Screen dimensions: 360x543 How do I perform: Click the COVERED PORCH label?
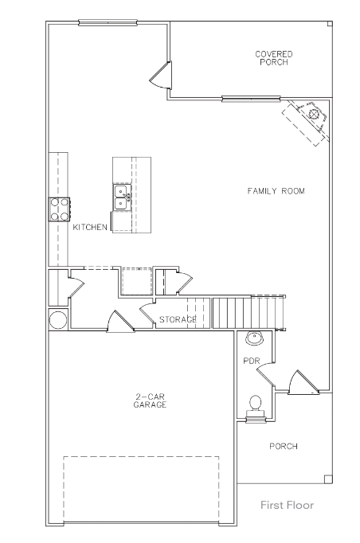(274, 58)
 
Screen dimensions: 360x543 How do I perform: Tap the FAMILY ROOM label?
(276, 191)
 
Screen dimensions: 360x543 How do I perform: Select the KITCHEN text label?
(90, 227)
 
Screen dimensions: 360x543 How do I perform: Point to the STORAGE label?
(178, 319)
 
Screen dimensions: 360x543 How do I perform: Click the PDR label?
(252, 361)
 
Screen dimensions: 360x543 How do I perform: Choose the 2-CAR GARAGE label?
(150, 400)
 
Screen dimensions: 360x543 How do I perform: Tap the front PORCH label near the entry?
(284, 446)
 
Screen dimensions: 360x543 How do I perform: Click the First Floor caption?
(288, 505)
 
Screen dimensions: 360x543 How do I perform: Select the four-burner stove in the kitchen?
(59, 209)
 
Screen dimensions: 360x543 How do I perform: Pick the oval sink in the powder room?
(255, 338)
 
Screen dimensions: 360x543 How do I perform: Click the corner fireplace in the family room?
(307, 122)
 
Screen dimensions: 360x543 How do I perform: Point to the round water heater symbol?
(58, 319)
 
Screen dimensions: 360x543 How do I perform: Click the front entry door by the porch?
(303, 383)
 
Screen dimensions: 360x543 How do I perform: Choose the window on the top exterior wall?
(108, 23)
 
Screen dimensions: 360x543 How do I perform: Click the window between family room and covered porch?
(251, 99)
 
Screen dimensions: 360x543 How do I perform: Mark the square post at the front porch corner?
(328, 479)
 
